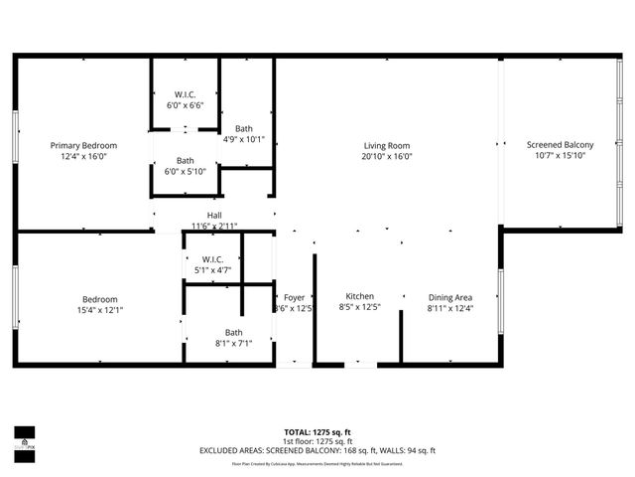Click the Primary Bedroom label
83,145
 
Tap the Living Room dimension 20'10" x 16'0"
386,156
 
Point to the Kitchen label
359,297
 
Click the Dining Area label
449,297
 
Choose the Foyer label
294,297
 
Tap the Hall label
214,216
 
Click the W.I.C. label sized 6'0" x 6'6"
185,95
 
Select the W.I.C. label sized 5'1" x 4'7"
212,260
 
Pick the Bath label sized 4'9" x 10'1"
244,128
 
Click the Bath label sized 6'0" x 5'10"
186,160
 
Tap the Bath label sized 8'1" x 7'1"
233,333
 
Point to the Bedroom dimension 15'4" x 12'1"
100,310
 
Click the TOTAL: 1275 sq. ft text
317,432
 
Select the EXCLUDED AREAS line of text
317,450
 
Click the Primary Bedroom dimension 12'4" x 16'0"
83,156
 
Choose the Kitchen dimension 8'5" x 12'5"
359,308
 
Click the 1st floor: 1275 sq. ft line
317,441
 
